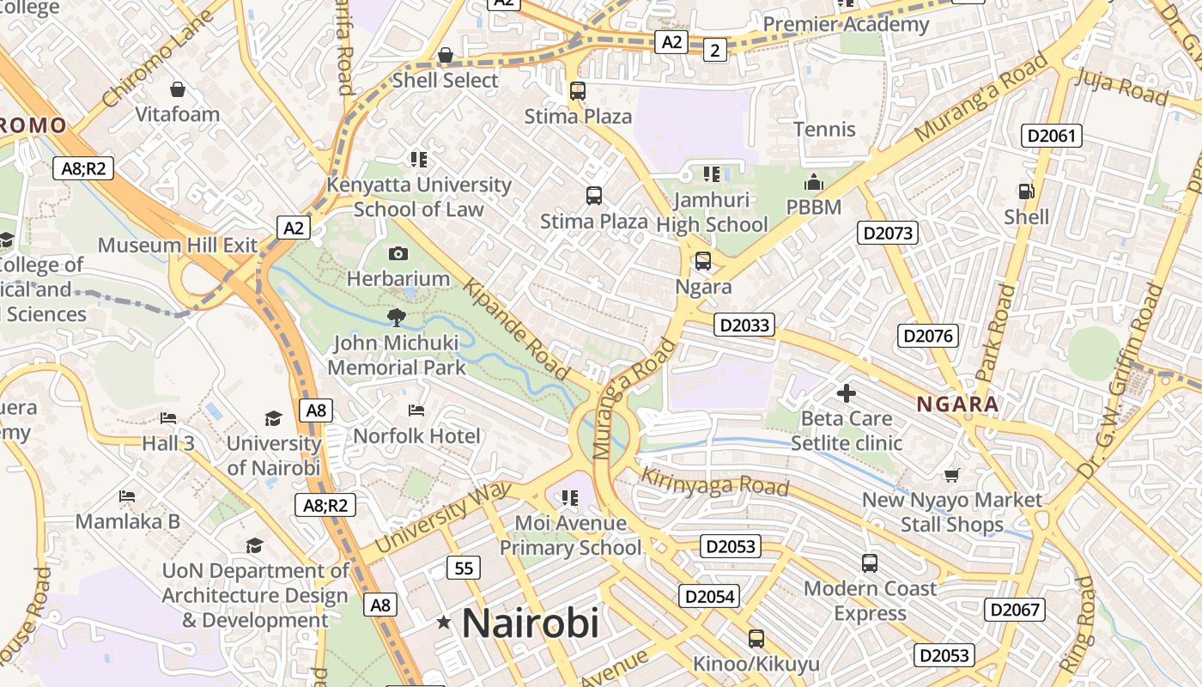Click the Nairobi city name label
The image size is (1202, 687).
pos(530,623)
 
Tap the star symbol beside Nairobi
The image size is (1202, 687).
pos(444,622)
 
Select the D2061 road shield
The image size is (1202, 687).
pos(1051,136)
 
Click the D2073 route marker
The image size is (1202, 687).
pos(888,233)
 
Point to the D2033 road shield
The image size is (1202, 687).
pos(744,325)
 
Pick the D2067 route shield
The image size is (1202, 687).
pos(1015,610)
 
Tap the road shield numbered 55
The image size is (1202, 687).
pos(464,568)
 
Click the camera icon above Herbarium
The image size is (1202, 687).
pos(398,253)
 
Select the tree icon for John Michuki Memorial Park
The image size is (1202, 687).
pos(396,318)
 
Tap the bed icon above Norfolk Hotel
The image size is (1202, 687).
pos(416,410)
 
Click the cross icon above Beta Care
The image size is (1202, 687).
pos(847,393)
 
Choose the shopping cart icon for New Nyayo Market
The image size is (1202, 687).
pos(951,475)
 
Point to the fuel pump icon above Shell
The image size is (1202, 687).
pos(1025,191)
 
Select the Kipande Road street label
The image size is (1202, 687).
pos(518,328)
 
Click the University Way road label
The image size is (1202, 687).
pos(443,517)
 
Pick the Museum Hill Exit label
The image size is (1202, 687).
pos(178,245)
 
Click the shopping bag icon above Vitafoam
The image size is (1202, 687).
pos(177,89)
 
